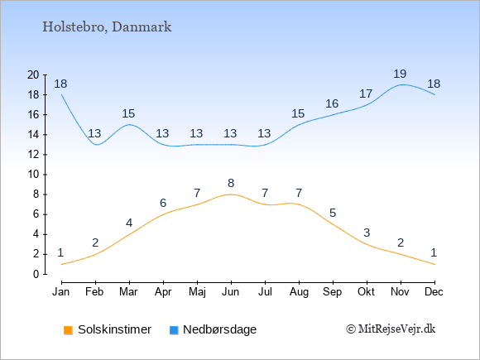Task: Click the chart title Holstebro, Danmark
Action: coord(107,27)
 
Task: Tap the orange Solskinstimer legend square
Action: coord(68,330)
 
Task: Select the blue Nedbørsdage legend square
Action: coord(174,330)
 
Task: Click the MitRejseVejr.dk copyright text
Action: coord(391,329)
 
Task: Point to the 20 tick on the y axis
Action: coord(45,74)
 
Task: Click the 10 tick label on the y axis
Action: coord(33,175)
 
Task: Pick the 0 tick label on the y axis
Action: coord(36,274)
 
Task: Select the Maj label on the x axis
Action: coord(197,292)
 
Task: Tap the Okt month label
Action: coord(367,292)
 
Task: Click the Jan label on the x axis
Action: coord(61,292)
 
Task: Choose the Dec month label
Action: coord(434,292)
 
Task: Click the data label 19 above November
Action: coord(400,74)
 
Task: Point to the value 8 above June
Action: coord(231,183)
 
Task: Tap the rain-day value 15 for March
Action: coord(128,113)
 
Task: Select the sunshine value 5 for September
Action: coord(333,213)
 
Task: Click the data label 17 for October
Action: coord(366,94)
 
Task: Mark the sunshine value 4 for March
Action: coord(129,223)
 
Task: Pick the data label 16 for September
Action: coord(332,103)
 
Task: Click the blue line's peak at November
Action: coord(401,84)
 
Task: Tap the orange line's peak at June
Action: coord(231,194)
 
